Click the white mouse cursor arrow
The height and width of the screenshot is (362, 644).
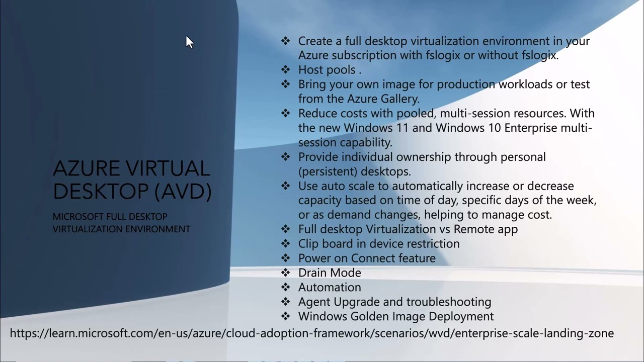(x=189, y=42)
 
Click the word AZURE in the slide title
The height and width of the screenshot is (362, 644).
(x=86, y=169)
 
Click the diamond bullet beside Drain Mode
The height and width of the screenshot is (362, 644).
(x=286, y=273)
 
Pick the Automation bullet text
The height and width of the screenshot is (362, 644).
(x=330, y=287)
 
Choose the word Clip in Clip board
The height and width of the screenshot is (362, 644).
(x=308, y=244)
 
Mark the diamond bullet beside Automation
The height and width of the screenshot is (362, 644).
(x=286, y=287)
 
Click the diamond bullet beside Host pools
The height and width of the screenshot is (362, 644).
(x=286, y=70)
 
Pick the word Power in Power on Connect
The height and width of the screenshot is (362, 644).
(x=313, y=258)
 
